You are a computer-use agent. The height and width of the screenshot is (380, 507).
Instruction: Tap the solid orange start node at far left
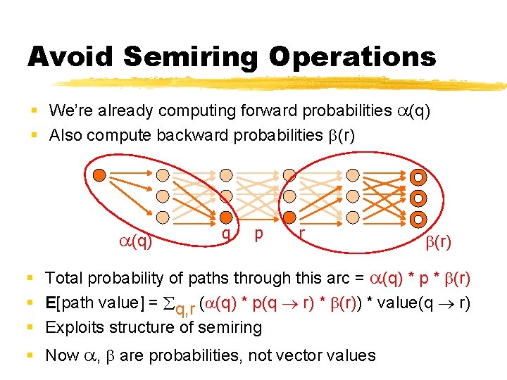point(100,174)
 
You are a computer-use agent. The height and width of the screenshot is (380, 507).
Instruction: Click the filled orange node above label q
point(225,217)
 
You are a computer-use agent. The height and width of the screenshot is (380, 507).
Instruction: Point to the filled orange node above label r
point(289,217)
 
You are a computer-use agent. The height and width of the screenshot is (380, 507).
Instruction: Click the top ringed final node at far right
point(418,177)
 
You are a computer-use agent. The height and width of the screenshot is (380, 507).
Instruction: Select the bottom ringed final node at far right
point(418,217)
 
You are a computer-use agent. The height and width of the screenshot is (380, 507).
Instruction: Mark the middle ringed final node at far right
point(418,197)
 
